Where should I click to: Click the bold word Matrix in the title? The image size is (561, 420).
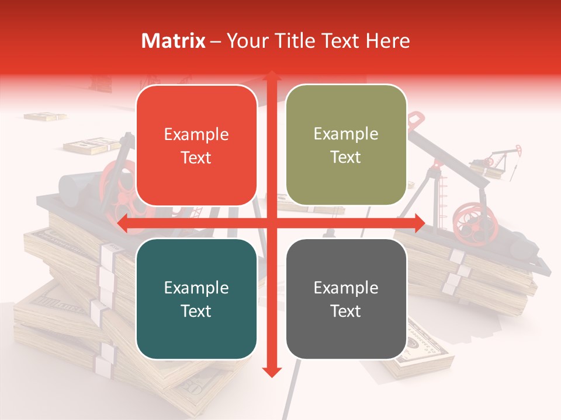tap(174, 41)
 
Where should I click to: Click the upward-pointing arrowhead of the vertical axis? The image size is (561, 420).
tap(271, 76)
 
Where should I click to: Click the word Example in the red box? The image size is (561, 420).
tap(196, 135)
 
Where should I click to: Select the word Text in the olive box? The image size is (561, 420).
tap(346, 157)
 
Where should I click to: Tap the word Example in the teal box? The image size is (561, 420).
tap(196, 288)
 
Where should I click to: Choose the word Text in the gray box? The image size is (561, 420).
tap(346, 311)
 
